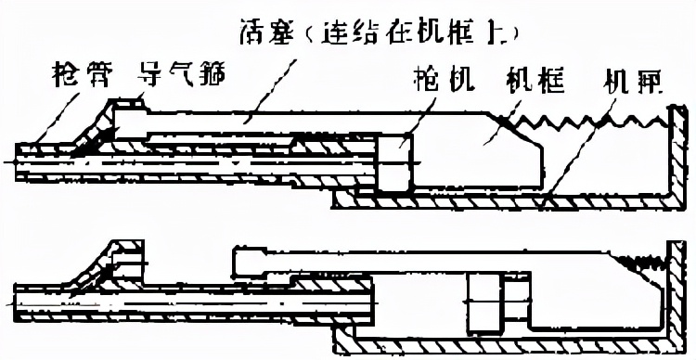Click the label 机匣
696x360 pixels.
(631, 80)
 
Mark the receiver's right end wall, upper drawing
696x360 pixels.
(672, 158)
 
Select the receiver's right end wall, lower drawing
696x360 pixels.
(672, 297)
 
